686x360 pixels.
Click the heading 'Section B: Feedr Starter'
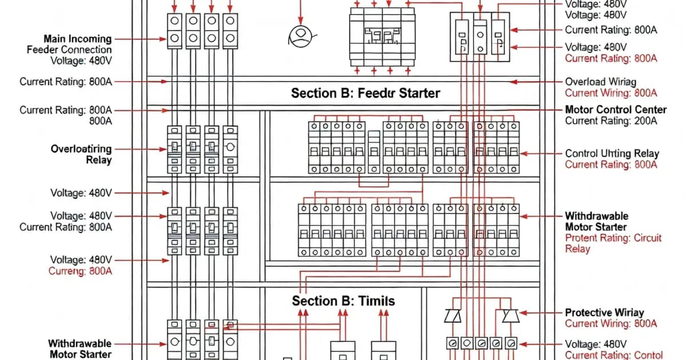coord(366,93)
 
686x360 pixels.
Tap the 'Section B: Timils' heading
coord(343,301)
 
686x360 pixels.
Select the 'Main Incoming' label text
coord(78,39)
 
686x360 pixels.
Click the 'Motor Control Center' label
coord(616,109)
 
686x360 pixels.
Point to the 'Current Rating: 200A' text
coord(611,121)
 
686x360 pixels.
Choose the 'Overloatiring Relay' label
coord(81,154)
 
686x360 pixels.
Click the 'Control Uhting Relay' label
coord(612,153)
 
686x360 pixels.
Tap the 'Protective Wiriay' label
coord(604,313)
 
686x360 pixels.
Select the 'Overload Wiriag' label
coord(600,82)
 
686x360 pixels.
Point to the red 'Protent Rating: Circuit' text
coord(613,238)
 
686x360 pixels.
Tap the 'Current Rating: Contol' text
coord(614,355)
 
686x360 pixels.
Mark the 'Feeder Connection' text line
coord(69,50)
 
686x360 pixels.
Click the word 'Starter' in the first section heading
coord(417,93)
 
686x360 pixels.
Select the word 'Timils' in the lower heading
coord(375,301)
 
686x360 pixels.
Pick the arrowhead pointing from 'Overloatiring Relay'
coord(166,149)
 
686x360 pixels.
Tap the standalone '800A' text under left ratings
coord(101,121)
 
